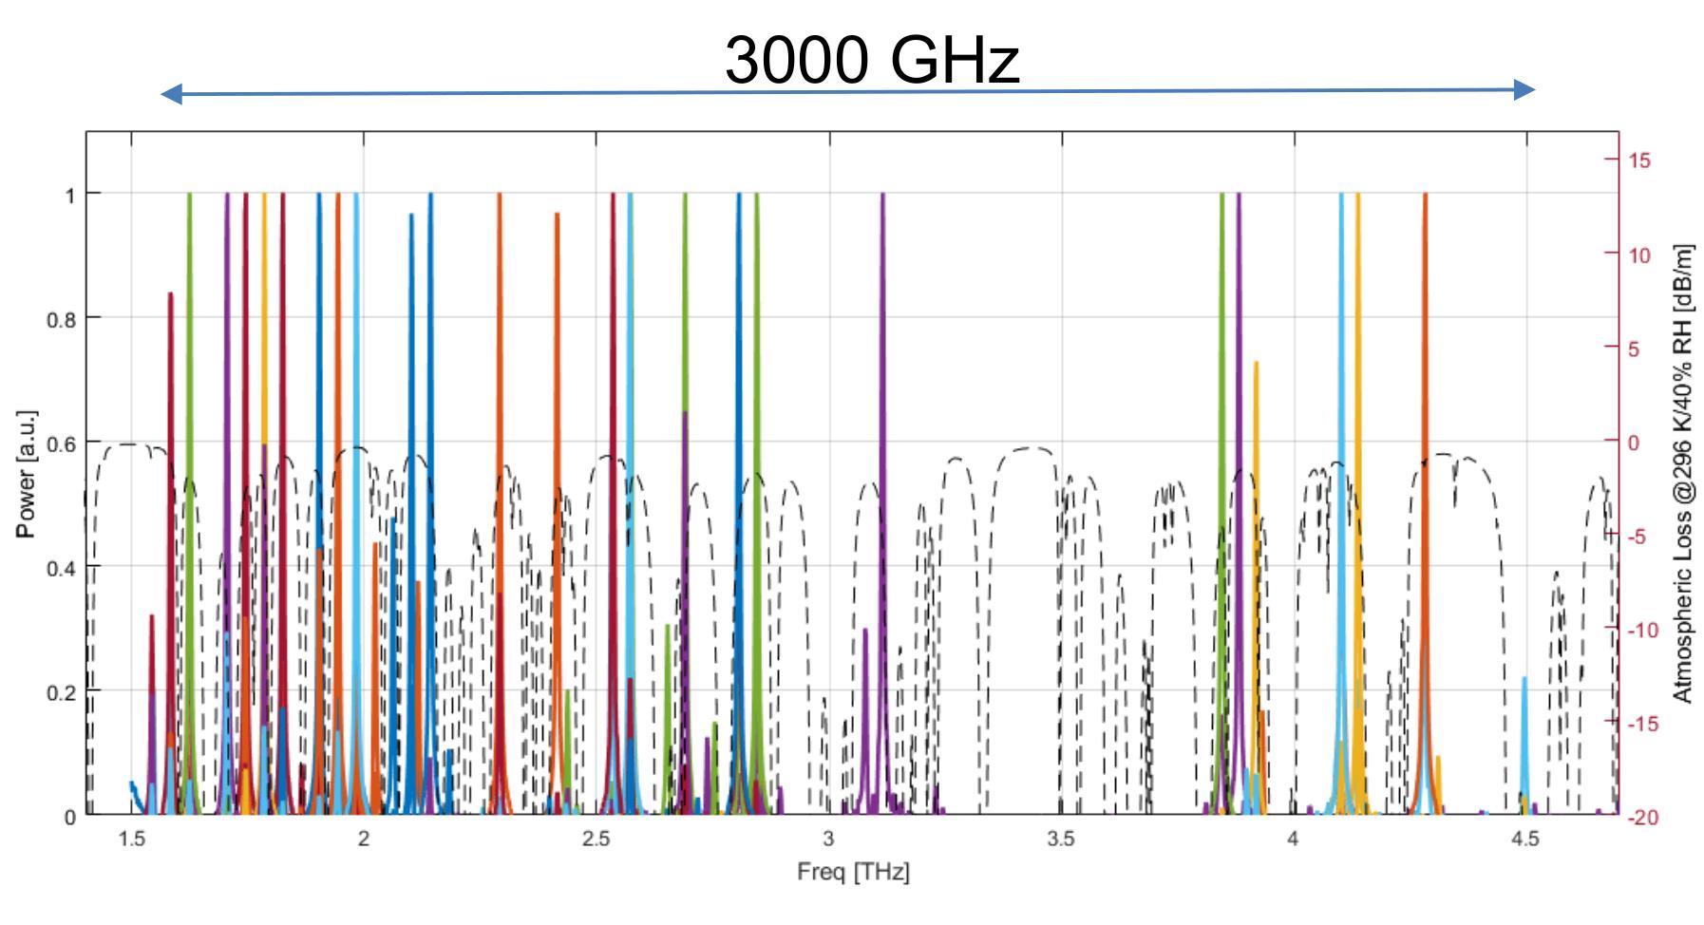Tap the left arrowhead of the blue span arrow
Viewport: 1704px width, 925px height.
click(171, 93)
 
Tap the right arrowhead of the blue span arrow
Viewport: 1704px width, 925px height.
click(1524, 90)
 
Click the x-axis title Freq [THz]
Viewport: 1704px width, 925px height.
click(853, 872)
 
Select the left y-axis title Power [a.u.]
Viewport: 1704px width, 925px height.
click(26, 474)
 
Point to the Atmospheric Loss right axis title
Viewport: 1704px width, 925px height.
click(1682, 474)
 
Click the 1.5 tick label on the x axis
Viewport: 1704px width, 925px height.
click(131, 840)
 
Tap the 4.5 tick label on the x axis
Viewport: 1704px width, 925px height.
click(1525, 840)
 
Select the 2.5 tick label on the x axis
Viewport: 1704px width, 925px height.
click(596, 840)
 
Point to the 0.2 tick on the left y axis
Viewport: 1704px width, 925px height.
click(61, 692)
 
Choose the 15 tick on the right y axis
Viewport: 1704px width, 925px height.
click(1640, 160)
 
